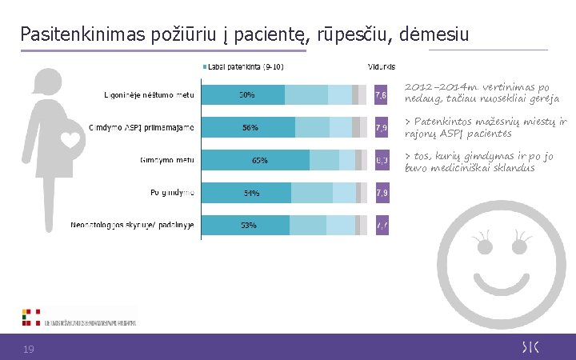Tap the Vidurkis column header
[379, 66]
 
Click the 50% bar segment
[247, 95]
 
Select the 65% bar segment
[261, 160]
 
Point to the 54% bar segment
[250, 193]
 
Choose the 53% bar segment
[250, 226]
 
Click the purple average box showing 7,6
[382, 95]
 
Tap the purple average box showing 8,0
[382, 160]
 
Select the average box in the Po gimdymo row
[382, 193]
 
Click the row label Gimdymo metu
[167, 160]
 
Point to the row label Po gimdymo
[172, 193]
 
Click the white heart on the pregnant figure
[70, 138]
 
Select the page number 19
[28, 348]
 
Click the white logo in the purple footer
[530, 346]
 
